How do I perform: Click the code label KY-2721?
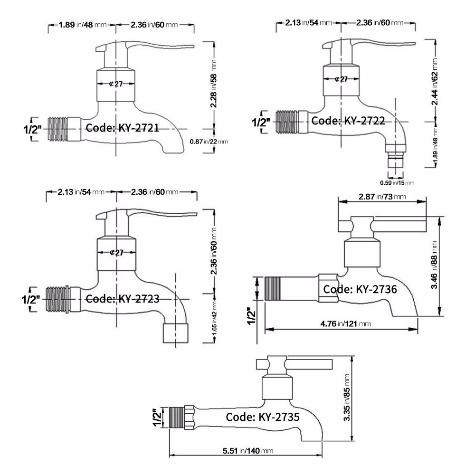click(121, 127)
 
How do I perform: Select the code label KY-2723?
click(122, 299)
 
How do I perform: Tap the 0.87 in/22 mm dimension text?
click(209, 141)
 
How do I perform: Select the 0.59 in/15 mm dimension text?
click(397, 182)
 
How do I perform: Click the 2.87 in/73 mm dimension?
click(382, 197)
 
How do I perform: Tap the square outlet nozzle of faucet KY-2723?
click(175, 333)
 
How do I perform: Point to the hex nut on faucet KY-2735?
click(190, 417)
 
